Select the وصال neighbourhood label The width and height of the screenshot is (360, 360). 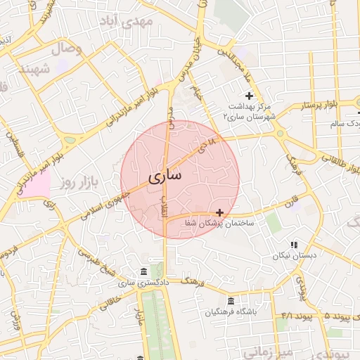[x=67, y=48]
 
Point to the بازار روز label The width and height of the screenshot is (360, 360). [x=77, y=183]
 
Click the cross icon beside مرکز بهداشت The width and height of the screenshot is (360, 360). [x=249, y=96]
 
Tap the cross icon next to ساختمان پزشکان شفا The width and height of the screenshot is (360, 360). [x=220, y=212]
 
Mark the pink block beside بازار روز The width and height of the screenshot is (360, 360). [x=39, y=184]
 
